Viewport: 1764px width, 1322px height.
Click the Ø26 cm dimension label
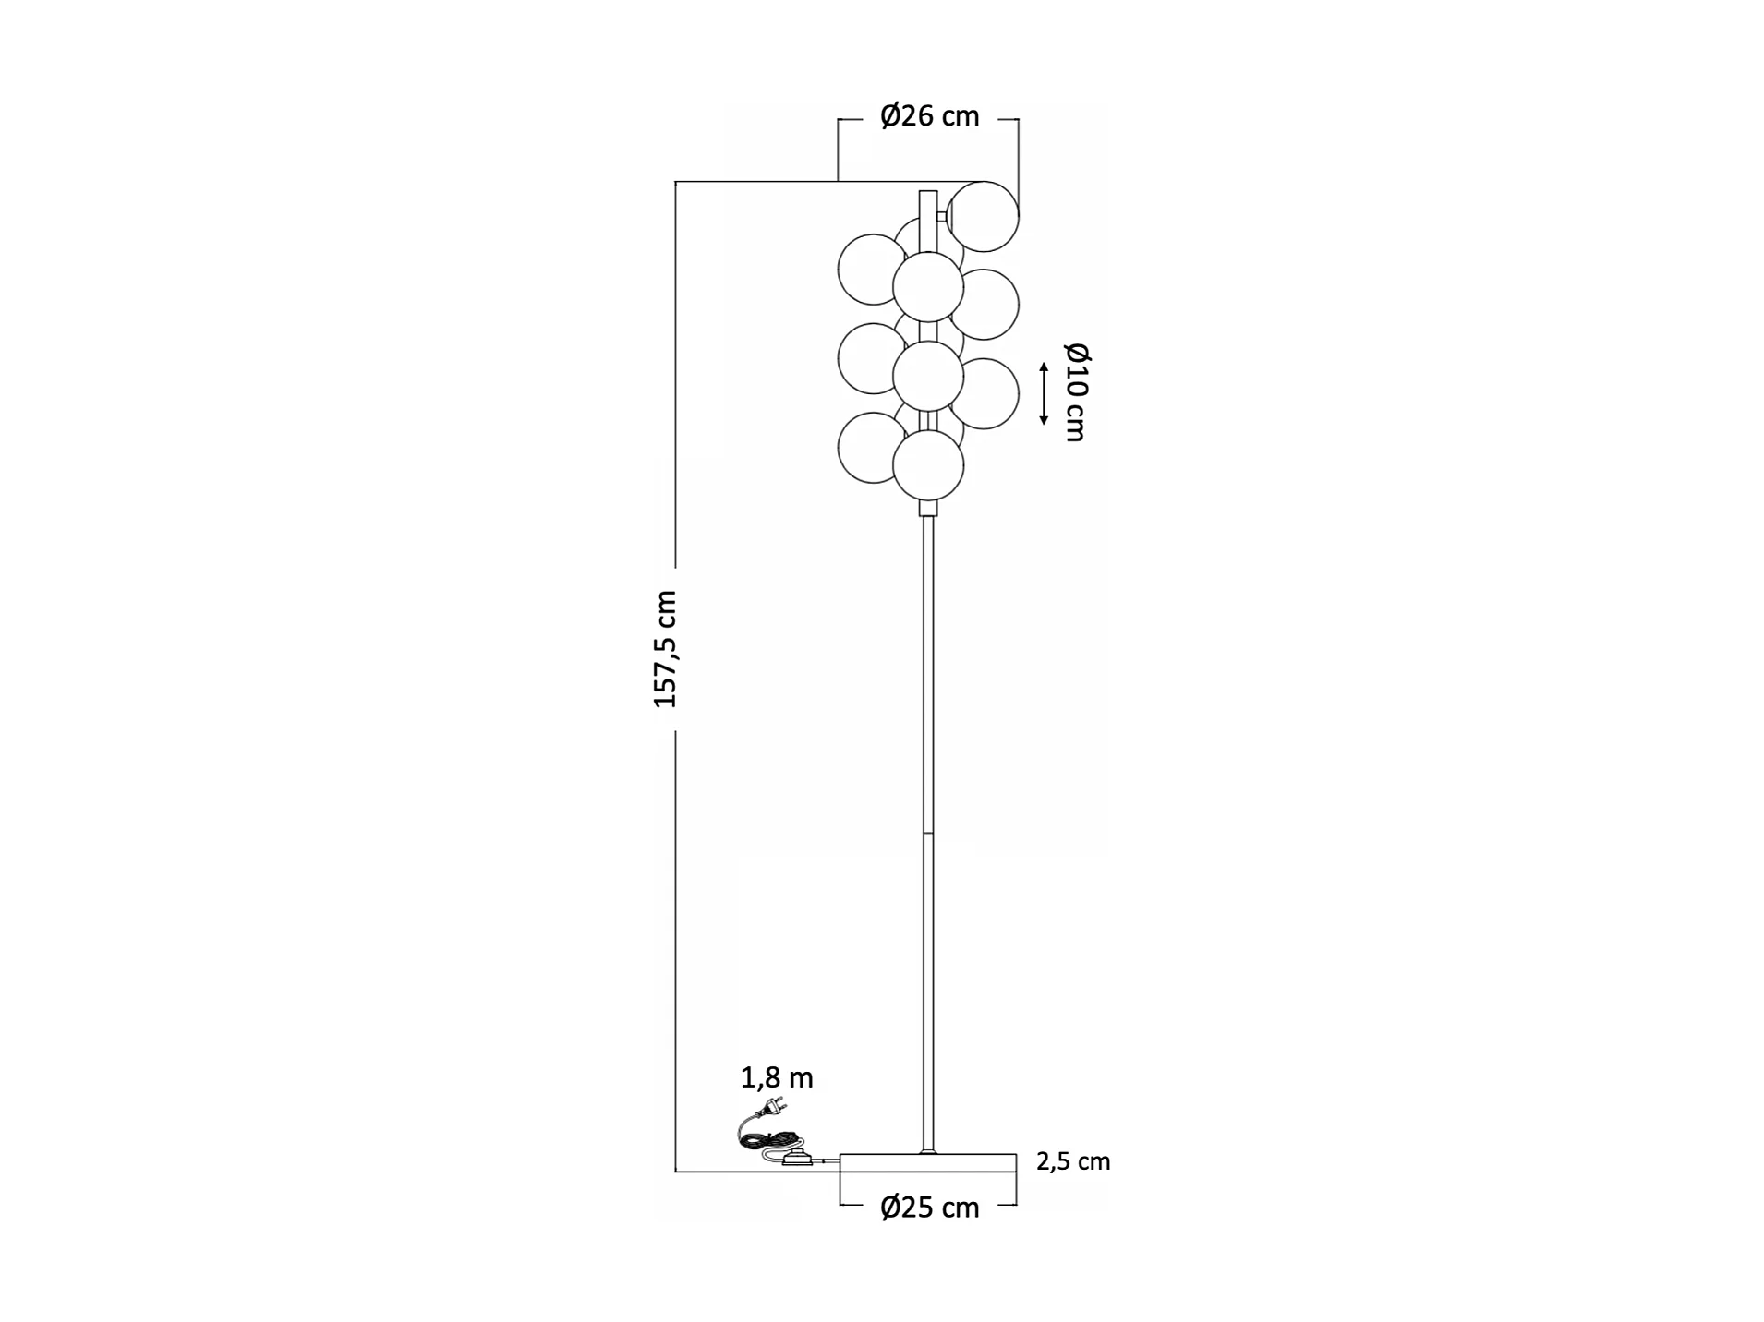[928, 116]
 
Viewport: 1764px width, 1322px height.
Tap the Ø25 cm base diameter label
[928, 1207]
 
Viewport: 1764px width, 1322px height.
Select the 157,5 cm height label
[665, 649]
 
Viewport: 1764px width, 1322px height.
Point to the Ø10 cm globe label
[1075, 391]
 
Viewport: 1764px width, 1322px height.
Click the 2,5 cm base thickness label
[1072, 1161]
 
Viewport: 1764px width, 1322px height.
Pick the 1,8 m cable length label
[777, 1077]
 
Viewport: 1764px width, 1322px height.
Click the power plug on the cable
[773, 1106]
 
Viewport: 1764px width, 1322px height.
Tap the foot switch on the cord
[795, 1160]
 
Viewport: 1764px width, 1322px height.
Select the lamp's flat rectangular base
[927, 1162]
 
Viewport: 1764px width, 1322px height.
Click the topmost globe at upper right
[983, 216]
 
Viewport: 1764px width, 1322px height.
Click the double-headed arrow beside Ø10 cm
[1044, 393]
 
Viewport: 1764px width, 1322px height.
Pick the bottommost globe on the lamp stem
[928, 465]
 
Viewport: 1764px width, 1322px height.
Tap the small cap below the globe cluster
[928, 508]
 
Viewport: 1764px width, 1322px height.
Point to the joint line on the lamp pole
[928, 834]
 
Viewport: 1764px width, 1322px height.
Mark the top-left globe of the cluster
[870, 269]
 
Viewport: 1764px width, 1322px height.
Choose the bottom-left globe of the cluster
[870, 447]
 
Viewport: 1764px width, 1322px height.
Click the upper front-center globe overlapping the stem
[928, 286]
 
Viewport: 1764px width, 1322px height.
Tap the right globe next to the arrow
[985, 393]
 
